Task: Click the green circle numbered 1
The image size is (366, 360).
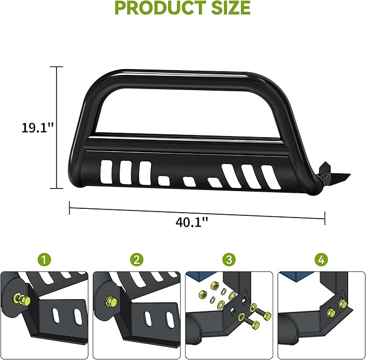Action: (46, 260)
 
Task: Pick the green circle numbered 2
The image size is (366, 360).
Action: (137, 260)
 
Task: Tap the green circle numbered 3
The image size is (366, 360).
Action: (230, 260)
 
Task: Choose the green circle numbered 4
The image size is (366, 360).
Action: (322, 260)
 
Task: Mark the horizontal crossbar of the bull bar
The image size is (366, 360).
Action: (183, 141)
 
